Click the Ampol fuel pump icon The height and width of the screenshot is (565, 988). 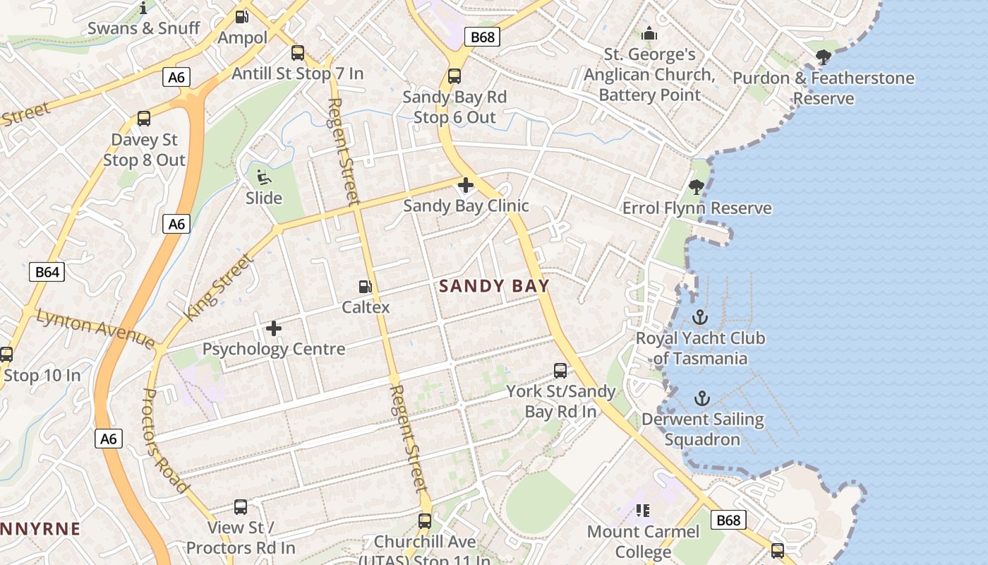click(242, 16)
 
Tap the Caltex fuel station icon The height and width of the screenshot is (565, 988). click(366, 287)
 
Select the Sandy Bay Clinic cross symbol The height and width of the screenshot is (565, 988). click(466, 186)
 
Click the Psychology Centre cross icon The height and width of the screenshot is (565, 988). click(274, 328)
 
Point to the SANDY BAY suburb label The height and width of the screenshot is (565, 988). click(494, 286)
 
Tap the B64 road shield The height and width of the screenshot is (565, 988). click(47, 272)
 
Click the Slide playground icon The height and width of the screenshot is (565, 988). click(264, 177)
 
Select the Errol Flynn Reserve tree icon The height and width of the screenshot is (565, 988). click(697, 187)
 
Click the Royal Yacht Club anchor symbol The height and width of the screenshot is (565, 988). click(700, 317)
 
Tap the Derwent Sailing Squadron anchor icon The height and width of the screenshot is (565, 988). click(701, 399)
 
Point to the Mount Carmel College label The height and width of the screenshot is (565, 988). click(643, 541)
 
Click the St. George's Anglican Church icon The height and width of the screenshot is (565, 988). click(649, 34)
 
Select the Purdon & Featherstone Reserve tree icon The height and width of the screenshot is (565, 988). click(823, 57)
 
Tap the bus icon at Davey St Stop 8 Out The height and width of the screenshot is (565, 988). click(144, 119)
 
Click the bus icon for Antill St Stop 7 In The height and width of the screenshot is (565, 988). click(298, 52)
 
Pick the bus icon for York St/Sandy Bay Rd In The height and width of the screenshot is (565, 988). click(560, 370)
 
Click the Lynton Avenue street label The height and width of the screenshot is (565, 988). click(95, 330)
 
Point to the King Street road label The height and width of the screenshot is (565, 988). click(218, 287)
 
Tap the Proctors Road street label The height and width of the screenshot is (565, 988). click(166, 441)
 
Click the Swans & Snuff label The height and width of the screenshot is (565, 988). click(144, 28)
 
